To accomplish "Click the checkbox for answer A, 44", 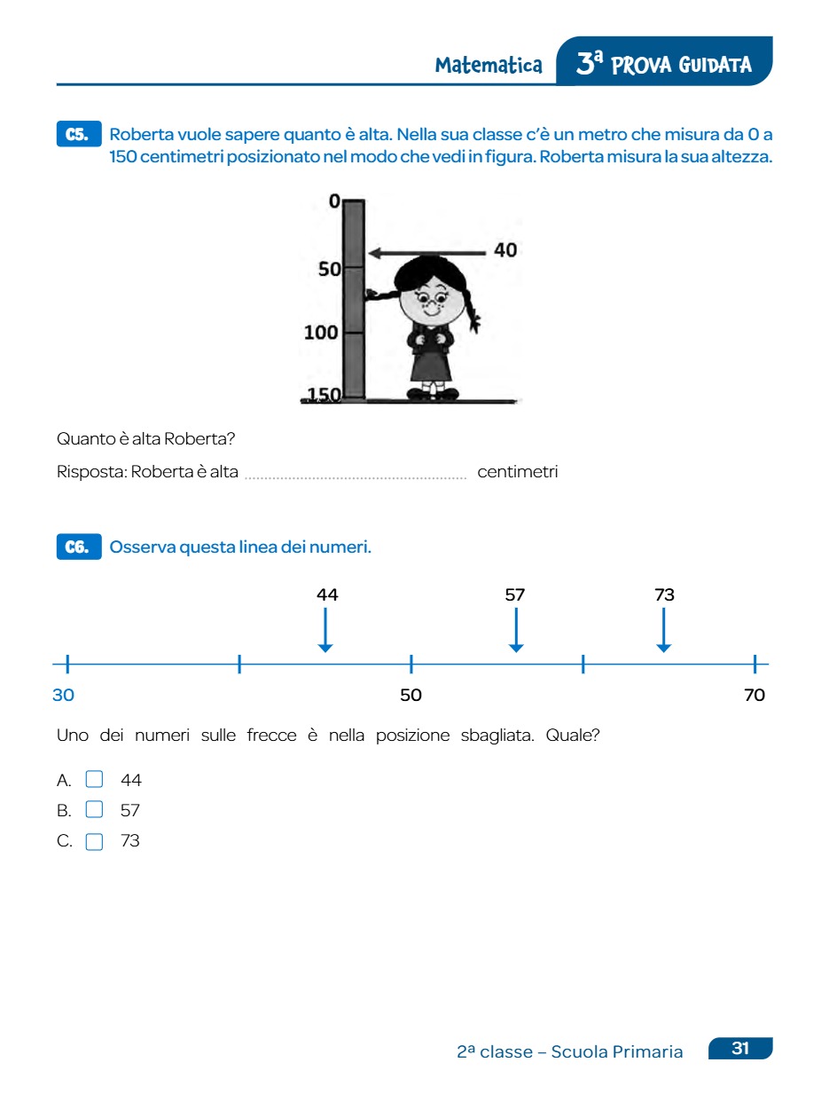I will click(x=94, y=780).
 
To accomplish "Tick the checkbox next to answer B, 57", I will click(x=94, y=809).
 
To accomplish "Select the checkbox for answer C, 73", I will click(x=94, y=841).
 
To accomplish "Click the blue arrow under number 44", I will click(x=325, y=631).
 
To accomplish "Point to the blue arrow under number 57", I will click(x=516, y=631).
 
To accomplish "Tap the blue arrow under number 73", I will click(x=663, y=631).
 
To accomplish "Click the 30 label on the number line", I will click(x=63, y=696).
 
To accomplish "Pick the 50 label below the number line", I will click(x=411, y=696).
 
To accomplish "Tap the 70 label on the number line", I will click(x=755, y=696).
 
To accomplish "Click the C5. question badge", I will click(x=79, y=135).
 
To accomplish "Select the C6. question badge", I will click(x=79, y=547).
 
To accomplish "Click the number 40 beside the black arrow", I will click(x=505, y=251).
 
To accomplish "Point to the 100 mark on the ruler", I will click(x=321, y=333).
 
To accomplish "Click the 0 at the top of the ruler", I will click(x=334, y=202).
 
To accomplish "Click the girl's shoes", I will click(x=433, y=393).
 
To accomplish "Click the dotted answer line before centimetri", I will click(x=356, y=476).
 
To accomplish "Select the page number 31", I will click(x=740, y=1049).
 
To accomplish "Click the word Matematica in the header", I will click(x=489, y=66).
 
